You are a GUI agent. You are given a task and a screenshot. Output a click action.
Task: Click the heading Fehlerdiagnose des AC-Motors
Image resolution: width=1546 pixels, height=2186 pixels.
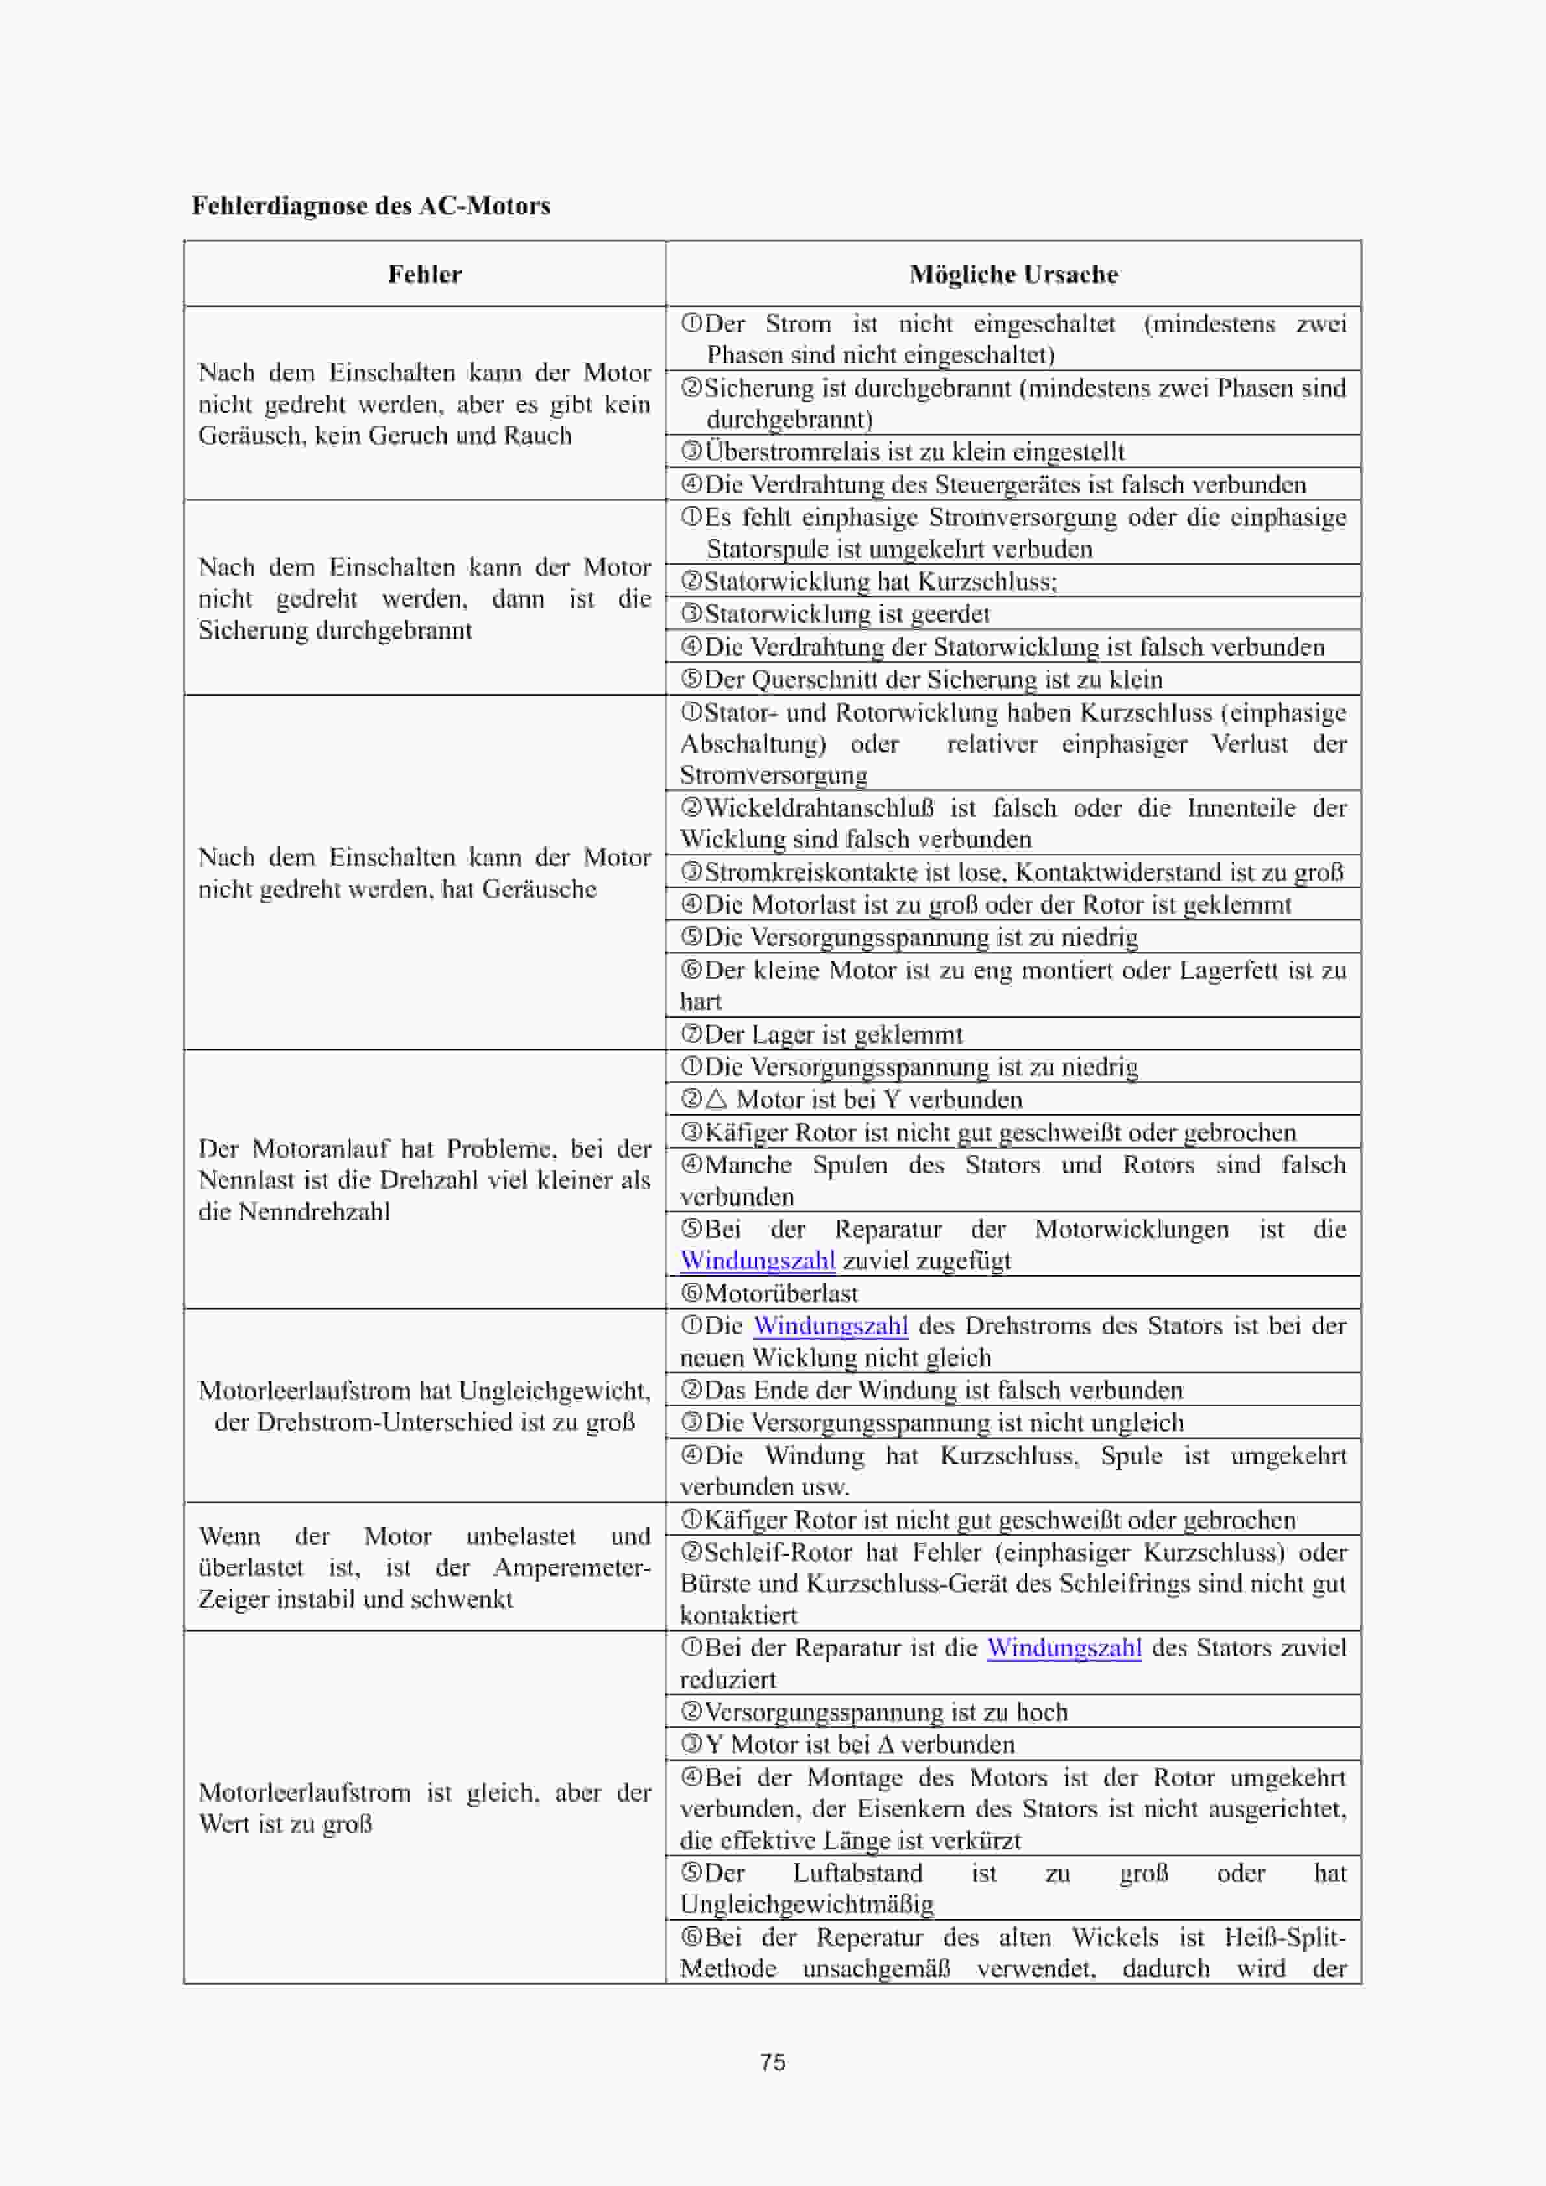[371, 206]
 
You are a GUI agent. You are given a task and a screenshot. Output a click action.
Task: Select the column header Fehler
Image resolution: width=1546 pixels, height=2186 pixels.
[424, 274]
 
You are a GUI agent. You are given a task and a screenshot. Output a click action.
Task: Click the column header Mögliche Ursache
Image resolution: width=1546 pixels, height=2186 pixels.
[1013, 274]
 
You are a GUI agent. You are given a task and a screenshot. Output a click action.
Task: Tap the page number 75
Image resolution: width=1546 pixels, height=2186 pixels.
[772, 2061]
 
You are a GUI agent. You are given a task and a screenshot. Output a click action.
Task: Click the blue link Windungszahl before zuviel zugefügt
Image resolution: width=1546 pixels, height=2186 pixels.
[758, 1260]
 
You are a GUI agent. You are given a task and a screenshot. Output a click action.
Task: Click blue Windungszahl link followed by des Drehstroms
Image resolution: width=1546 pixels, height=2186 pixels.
[830, 1325]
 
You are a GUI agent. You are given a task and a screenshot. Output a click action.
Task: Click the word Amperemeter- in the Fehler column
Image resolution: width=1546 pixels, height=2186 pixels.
[571, 1567]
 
